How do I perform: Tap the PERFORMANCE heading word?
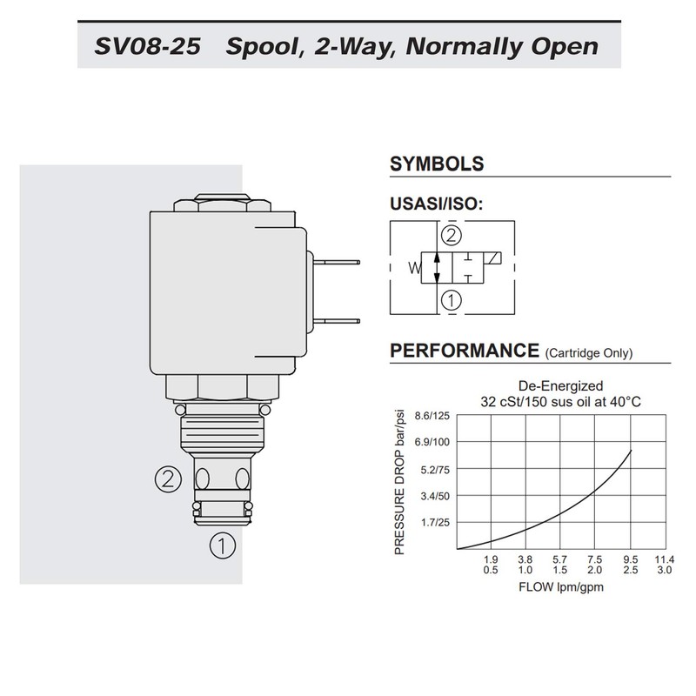464,351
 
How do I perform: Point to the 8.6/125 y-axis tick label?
431,416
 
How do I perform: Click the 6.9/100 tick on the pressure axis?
431,443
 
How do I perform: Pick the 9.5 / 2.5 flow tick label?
631,565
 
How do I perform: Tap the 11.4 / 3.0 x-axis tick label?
665,565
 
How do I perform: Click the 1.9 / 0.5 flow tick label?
491,565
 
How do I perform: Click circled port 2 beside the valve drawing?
168,478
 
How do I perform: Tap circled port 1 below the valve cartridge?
222,545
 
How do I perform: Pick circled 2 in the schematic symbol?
450,234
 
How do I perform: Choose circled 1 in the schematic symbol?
450,302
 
